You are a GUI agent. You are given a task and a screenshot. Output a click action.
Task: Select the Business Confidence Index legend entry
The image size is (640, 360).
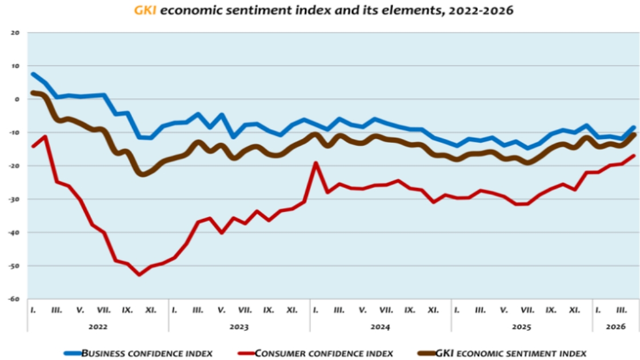click(x=147, y=353)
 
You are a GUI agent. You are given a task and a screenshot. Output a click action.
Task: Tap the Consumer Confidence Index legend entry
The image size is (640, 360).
click(x=323, y=353)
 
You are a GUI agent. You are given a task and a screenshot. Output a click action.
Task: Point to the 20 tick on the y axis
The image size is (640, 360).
click(x=15, y=33)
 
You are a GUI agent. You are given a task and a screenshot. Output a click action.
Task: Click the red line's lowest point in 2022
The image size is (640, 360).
click(x=139, y=274)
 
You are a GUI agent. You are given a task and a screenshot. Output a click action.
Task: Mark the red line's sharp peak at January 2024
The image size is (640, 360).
click(x=315, y=163)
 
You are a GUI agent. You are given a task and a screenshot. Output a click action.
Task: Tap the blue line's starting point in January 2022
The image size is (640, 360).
click(x=33, y=74)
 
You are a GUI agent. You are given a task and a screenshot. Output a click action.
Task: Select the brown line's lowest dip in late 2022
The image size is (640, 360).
click(x=143, y=173)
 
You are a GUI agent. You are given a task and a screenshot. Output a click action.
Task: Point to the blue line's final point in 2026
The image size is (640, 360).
click(x=633, y=127)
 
